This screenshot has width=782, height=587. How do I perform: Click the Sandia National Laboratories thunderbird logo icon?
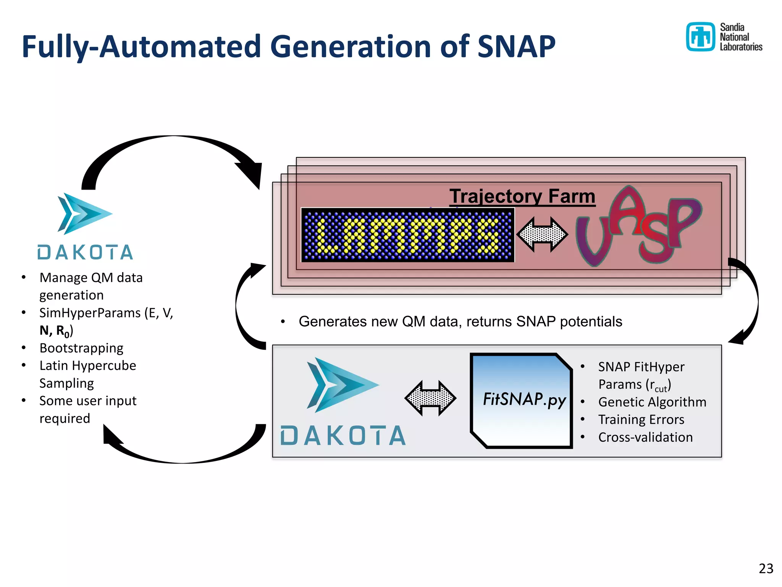click(x=700, y=37)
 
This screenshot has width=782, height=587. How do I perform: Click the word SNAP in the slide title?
click(x=516, y=47)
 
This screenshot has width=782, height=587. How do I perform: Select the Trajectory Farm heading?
click(x=522, y=196)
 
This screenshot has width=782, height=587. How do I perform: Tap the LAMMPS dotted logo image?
click(x=408, y=235)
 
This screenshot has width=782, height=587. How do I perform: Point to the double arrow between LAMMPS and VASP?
click(x=542, y=235)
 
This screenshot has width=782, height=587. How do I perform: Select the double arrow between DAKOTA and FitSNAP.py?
click(x=430, y=398)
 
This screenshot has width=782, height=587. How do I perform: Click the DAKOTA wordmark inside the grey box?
click(x=343, y=436)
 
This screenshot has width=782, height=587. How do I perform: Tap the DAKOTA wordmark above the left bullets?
click(x=85, y=253)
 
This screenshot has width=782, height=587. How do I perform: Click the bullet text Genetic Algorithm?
click(x=652, y=402)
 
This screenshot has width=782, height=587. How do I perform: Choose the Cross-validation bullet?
click(x=645, y=437)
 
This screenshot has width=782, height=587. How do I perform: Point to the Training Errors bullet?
click(x=641, y=420)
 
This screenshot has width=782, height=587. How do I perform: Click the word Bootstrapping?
click(x=81, y=348)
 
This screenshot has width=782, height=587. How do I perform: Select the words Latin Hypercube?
click(x=87, y=366)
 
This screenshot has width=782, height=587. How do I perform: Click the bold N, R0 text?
click(x=55, y=331)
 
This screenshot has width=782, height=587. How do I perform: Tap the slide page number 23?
click(x=766, y=569)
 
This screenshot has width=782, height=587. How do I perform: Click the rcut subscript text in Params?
click(x=661, y=389)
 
